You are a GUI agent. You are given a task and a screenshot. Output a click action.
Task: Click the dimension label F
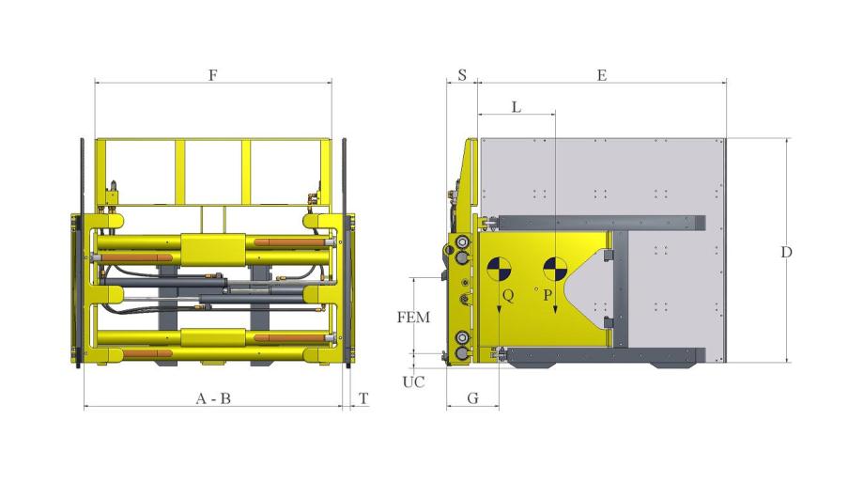pyautogui.click(x=213, y=75)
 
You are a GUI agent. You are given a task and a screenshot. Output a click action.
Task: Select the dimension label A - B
pyautogui.click(x=213, y=398)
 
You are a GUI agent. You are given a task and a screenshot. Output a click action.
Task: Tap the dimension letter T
pyautogui.click(x=363, y=398)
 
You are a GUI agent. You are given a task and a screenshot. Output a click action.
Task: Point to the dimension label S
pyautogui.click(x=462, y=75)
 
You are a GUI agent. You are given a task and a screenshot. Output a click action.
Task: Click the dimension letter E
pyautogui.click(x=602, y=75)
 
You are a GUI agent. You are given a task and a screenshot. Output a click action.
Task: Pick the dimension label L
pyautogui.click(x=517, y=107)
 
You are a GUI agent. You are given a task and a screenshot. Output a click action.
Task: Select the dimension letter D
pyautogui.click(x=786, y=252)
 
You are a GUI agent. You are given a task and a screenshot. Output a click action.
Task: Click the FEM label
pyautogui.click(x=413, y=318)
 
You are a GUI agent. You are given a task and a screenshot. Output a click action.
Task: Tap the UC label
pyautogui.click(x=413, y=381)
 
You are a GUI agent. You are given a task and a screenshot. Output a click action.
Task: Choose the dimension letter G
pyautogui.click(x=472, y=398)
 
